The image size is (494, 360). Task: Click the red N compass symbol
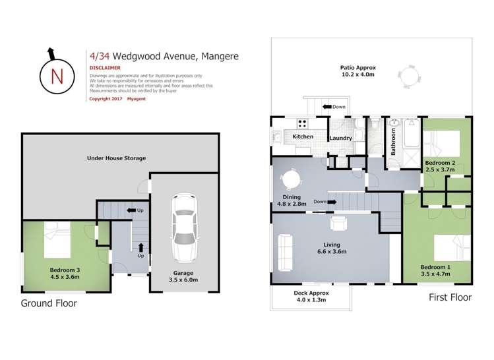click(57, 75)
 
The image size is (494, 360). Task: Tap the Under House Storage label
click(116, 158)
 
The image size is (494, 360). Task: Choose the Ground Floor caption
click(49, 303)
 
